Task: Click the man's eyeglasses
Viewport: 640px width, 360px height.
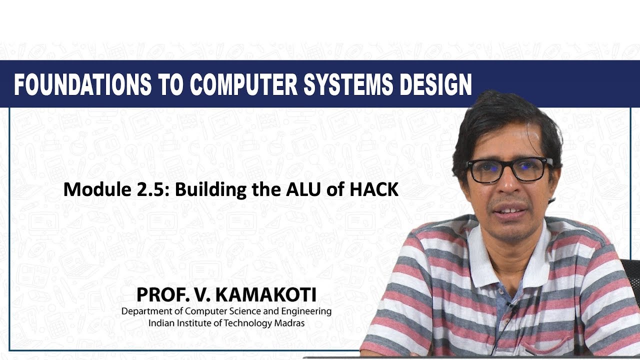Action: click(x=509, y=170)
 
